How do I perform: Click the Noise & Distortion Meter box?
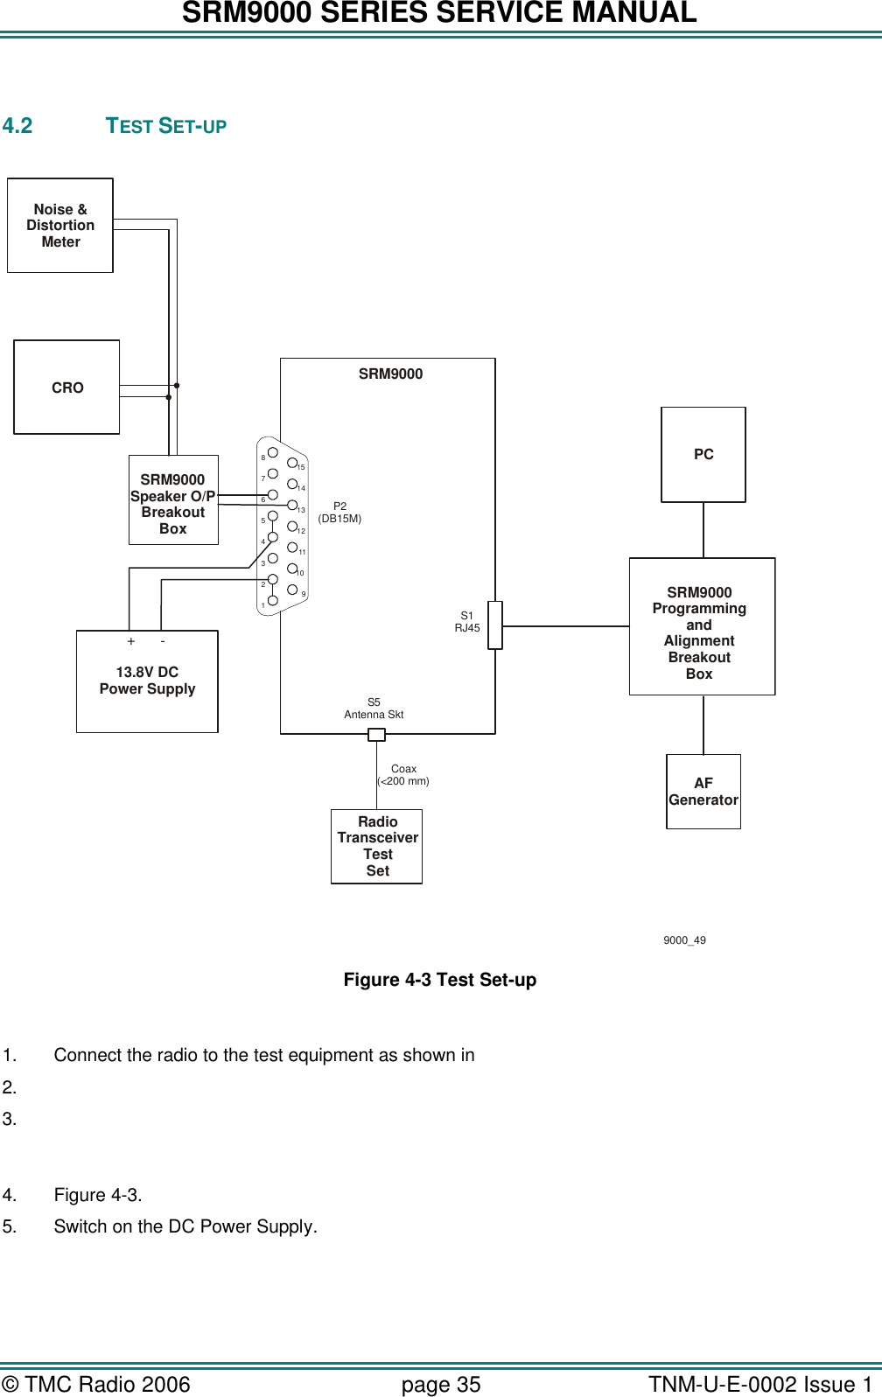click(60, 226)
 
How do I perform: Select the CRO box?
click(66, 388)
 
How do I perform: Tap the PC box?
click(703, 455)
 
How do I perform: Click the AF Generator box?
click(703, 792)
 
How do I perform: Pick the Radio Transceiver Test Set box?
click(377, 846)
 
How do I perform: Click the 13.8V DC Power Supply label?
click(147, 681)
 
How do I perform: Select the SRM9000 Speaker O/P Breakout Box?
click(173, 503)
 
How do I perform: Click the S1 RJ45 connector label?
click(467, 622)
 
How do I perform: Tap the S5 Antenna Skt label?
click(374, 709)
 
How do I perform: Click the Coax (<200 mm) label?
click(403, 775)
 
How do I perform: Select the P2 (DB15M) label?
click(339, 513)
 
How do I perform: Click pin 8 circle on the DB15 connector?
click(273, 452)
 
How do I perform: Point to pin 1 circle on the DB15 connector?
click(273, 600)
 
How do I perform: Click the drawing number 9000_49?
click(684, 940)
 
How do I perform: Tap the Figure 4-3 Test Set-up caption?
click(439, 980)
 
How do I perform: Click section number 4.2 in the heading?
click(17, 126)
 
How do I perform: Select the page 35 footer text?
click(441, 1385)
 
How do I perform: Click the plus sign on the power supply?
click(131, 641)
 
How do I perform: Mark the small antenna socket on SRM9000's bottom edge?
click(376, 735)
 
